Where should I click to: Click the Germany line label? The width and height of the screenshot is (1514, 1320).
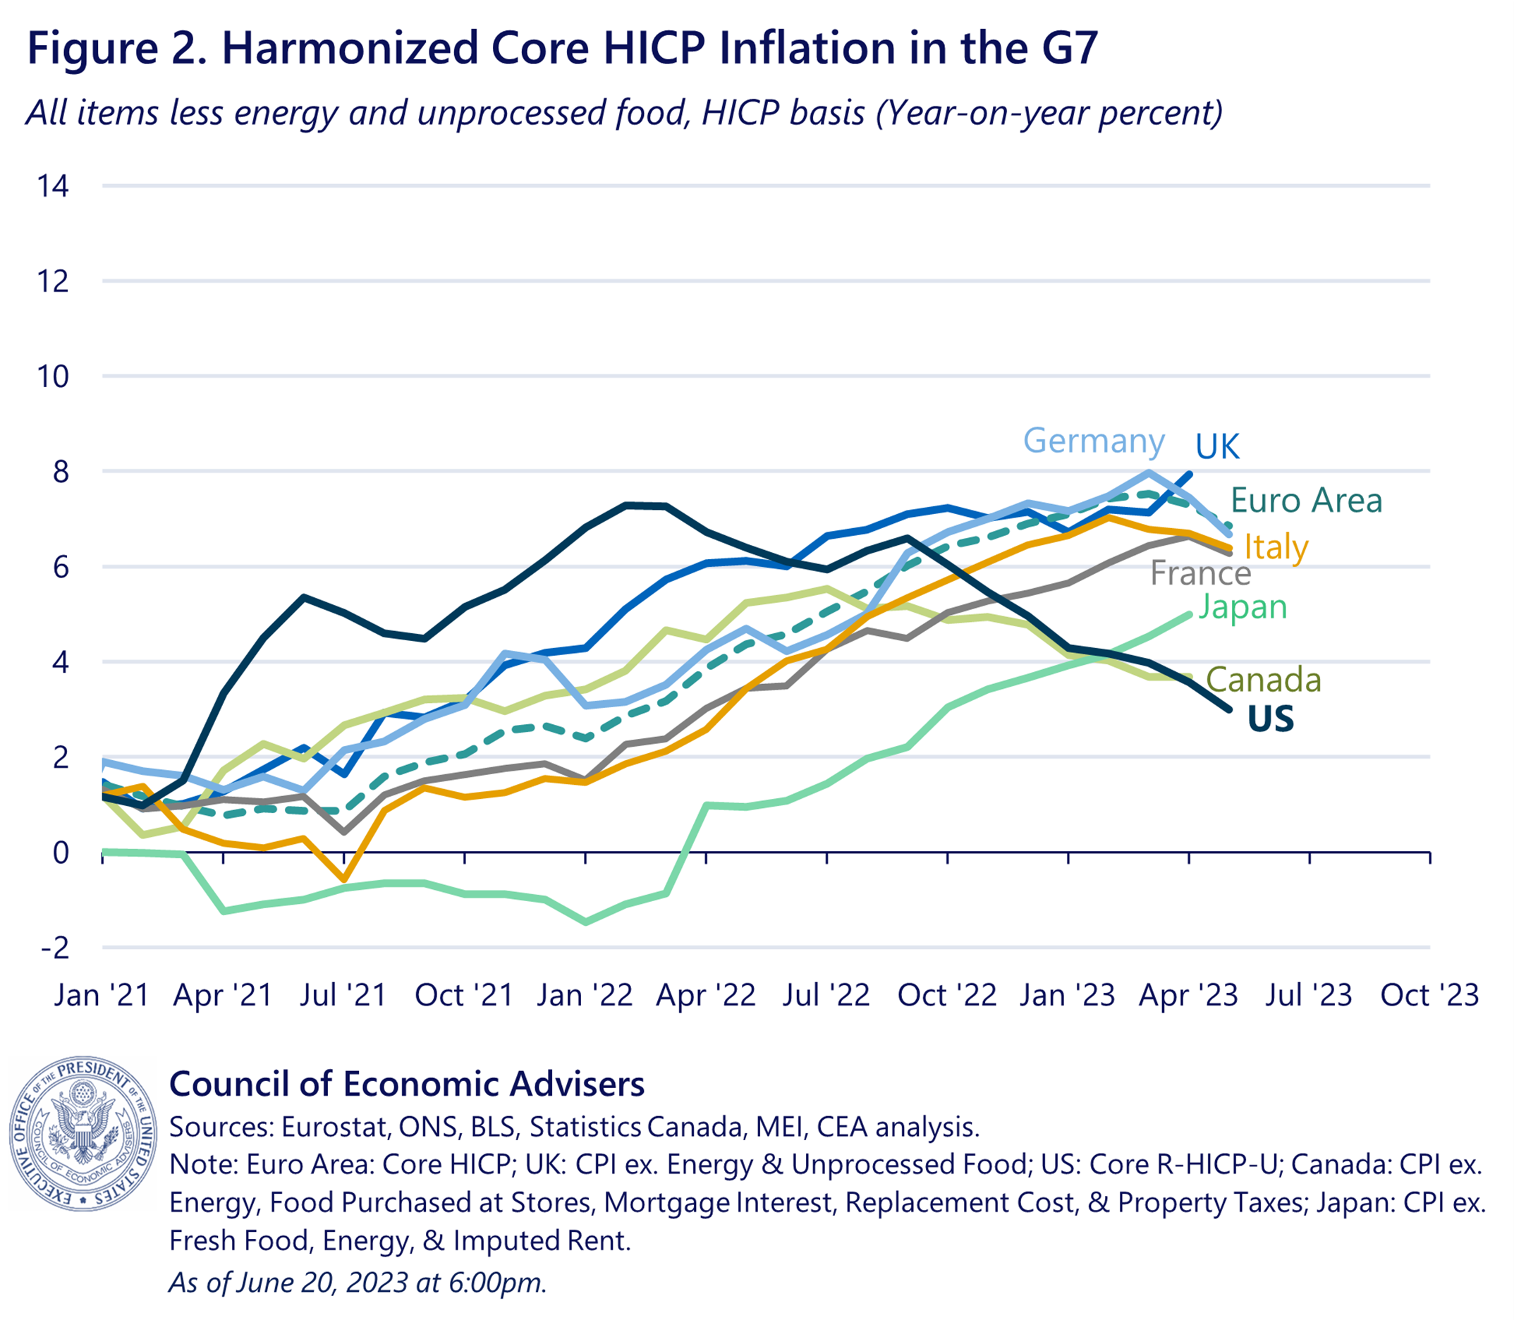(x=1093, y=441)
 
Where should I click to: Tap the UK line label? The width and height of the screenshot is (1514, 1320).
(x=1217, y=446)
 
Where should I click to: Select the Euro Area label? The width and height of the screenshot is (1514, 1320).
(x=1305, y=501)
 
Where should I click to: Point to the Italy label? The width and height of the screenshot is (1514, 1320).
(x=1276, y=547)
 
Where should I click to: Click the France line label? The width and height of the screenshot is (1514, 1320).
(x=1200, y=574)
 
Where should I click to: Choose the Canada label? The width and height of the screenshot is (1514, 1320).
(x=1263, y=680)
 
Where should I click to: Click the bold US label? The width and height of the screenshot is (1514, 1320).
(x=1270, y=719)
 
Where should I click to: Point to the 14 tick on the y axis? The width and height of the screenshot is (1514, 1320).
(x=53, y=186)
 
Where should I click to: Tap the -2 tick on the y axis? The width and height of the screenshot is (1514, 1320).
(x=54, y=947)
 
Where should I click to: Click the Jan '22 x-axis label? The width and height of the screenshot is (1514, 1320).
(x=585, y=996)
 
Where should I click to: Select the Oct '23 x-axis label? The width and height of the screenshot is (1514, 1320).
(x=1429, y=996)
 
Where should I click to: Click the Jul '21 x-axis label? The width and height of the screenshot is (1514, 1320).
(x=343, y=996)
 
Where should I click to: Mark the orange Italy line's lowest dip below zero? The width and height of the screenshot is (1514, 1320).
(x=344, y=879)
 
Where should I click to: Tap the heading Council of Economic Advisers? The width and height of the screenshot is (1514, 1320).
(x=407, y=1084)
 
